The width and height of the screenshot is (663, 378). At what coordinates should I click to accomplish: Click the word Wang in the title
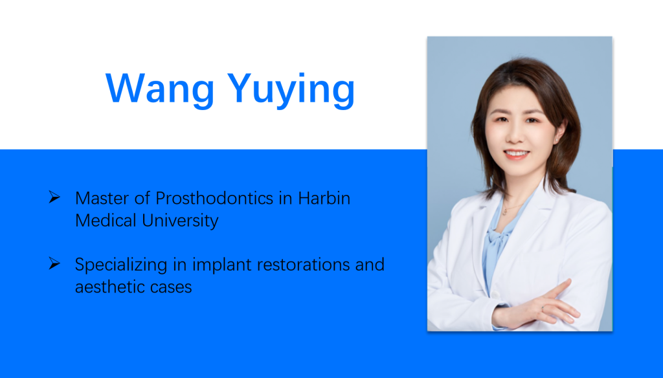(x=160, y=89)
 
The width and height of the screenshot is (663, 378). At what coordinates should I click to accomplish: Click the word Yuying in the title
(x=291, y=89)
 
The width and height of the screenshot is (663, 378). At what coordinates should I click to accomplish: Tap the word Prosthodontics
(x=214, y=198)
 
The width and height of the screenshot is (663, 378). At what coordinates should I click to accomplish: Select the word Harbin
(x=324, y=198)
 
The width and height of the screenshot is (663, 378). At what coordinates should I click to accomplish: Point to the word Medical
(x=106, y=220)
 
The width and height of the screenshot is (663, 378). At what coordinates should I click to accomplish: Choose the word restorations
(x=303, y=265)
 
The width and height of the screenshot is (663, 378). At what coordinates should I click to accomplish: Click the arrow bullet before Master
(x=54, y=197)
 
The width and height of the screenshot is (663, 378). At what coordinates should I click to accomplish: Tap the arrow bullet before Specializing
(x=54, y=263)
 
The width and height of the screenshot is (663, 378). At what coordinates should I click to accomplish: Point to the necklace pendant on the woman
(x=504, y=212)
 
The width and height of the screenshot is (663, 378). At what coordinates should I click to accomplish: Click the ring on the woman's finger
(x=543, y=309)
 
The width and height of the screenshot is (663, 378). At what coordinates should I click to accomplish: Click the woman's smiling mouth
(x=516, y=154)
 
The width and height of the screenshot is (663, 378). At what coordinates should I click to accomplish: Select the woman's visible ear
(x=557, y=135)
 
